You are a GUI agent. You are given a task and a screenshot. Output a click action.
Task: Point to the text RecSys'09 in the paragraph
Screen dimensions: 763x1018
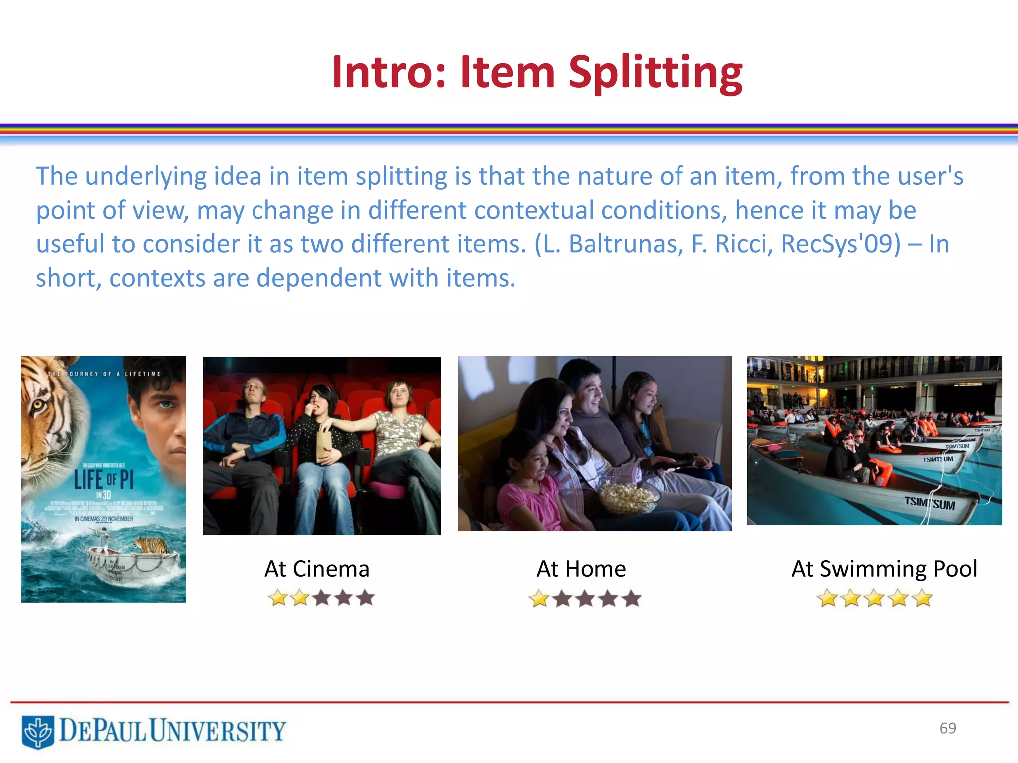click(841, 244)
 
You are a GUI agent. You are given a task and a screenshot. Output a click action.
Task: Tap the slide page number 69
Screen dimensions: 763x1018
click(948, 728)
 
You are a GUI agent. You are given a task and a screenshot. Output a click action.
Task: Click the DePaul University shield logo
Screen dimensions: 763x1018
click(38, 731)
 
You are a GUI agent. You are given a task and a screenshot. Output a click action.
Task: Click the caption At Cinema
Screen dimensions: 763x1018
click(317, 569)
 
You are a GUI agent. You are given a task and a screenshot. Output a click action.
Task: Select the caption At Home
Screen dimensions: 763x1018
click(581, 569)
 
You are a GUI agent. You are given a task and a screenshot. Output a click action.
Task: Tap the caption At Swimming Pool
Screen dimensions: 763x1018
click(884, 569)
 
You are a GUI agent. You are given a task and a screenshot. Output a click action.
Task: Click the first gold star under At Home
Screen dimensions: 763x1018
click(539, 599)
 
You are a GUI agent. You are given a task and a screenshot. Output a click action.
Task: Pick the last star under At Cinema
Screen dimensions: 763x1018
click(366, 598)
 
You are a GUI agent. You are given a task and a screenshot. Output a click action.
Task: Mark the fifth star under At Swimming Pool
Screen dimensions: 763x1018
click(922, 598)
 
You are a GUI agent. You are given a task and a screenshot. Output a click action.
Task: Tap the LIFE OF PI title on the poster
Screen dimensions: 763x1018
click(103, 480)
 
